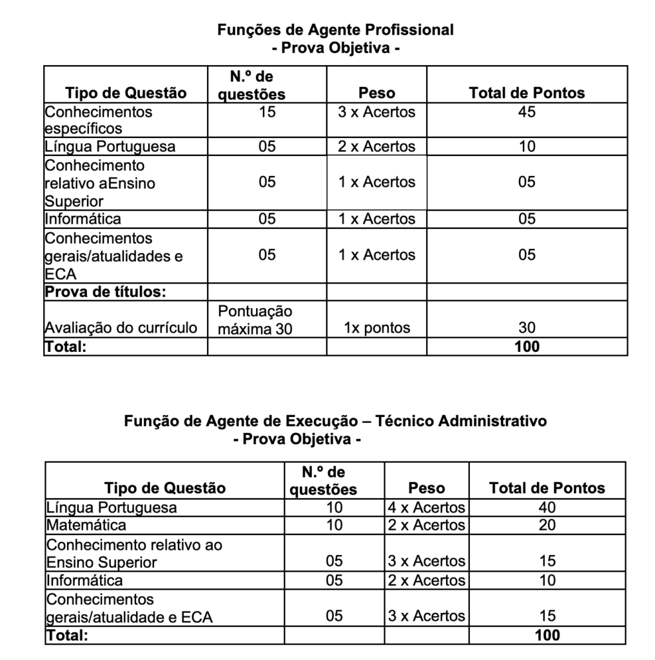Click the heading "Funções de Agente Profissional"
(335, 30)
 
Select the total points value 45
(527, 112)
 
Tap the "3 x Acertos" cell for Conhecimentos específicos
(376, 112)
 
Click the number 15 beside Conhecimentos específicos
(267, 112)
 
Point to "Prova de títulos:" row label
(106, 292)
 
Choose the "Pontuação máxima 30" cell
(255, 320)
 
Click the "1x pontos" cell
(376, 328)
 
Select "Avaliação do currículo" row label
(121, 328)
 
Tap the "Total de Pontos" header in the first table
(527, 93)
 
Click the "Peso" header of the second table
(426, 488)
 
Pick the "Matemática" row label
(86, 525)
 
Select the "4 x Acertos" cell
(426, 507)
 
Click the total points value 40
(547, 507)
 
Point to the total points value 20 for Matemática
(547, 525)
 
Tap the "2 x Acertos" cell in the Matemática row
(426, 525)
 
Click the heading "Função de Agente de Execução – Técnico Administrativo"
(335, 421)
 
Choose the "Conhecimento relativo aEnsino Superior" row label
(100, 183)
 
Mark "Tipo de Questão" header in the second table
(165, 488)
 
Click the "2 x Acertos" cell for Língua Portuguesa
(376, 146)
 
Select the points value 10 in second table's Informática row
(547, 580)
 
